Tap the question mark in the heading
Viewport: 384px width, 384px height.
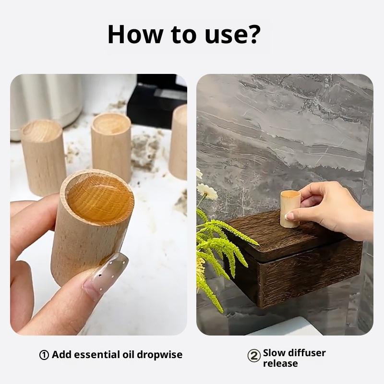tap(252, 34)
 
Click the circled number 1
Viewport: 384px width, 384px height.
tap(44, 355)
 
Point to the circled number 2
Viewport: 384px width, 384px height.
tap(254, 356)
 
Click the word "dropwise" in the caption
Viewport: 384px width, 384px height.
tap(159, 355)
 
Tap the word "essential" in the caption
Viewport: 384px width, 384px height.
tap(96, 355)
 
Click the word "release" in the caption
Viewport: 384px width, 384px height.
tap(280, 363)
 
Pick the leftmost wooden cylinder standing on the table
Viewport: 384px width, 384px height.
tap(44, 157)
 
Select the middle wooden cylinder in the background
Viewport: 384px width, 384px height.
tap(112, 146)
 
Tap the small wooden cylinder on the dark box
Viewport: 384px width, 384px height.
tap(290, 209)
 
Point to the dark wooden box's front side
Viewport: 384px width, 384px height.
tap(309, 274)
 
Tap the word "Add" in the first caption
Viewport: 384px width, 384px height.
tap(62, 355)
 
